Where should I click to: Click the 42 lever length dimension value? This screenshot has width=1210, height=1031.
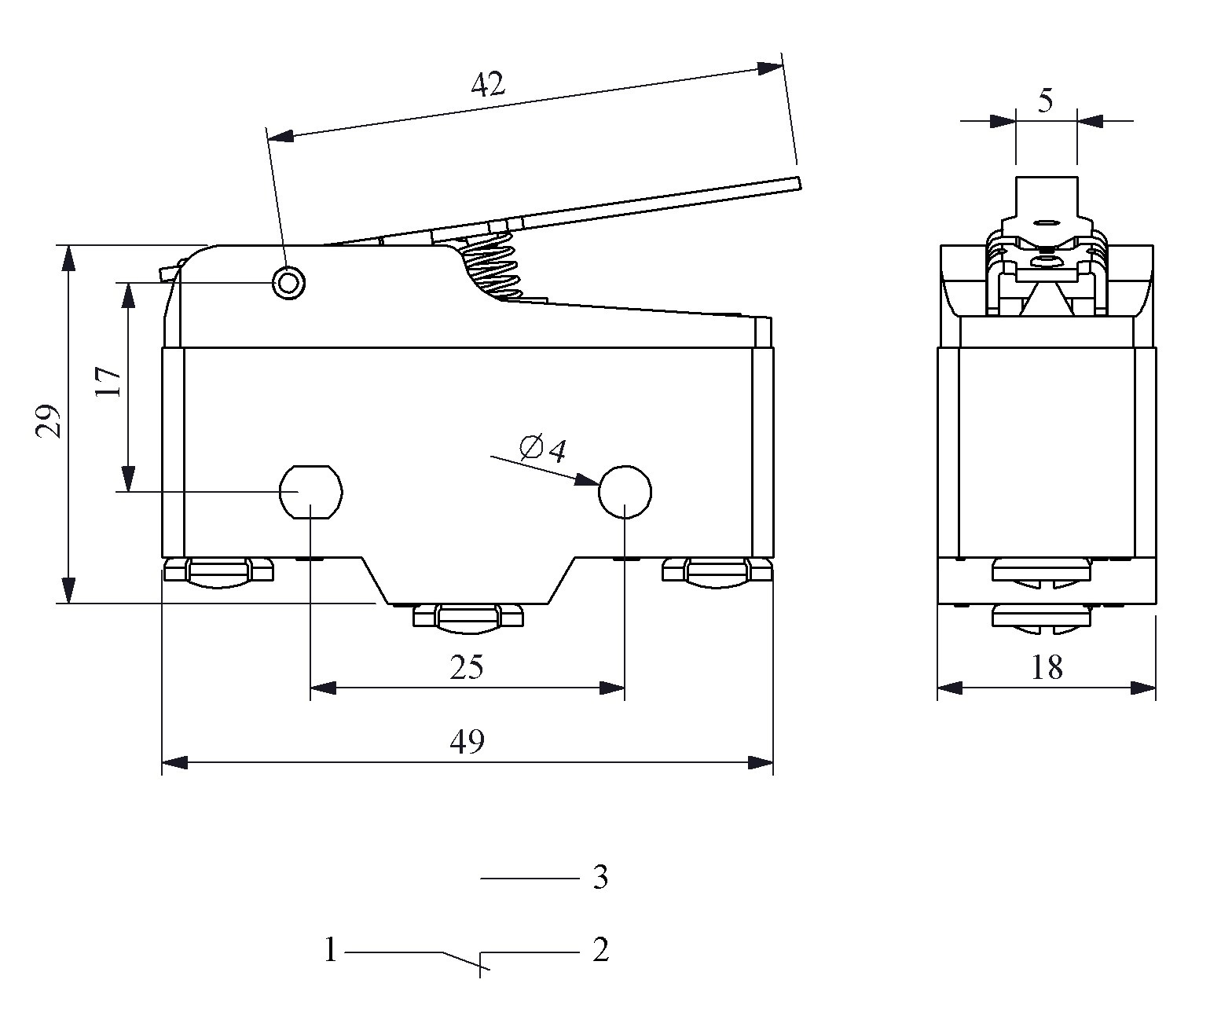tap(488, 83)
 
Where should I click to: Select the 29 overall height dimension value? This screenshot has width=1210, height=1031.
tap(49, 422)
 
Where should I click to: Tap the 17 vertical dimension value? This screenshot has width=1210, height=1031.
tap(109, 382)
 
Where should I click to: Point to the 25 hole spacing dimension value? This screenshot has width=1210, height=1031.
tap(467, 668)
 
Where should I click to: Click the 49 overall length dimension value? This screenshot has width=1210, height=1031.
tap(467, 741)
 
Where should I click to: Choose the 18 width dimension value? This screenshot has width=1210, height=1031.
tap(1047, 668)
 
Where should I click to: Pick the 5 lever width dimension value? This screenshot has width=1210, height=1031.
tap(1045, 101)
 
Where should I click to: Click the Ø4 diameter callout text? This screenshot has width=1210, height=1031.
tap(543, 449)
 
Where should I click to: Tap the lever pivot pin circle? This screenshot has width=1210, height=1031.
tap(288, 281)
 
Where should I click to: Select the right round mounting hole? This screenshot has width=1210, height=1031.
tap(625, 493)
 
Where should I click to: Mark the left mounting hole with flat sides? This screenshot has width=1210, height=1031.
tap(311, 493)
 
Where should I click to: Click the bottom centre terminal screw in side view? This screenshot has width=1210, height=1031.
tap(468, 617)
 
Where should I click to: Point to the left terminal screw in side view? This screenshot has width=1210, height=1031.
tap(219, 571)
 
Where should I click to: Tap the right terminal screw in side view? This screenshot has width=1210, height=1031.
tap(717, 571)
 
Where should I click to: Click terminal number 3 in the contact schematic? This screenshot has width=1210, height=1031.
tap(600, 877)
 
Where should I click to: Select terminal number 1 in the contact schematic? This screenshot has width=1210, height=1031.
tap(331, 951)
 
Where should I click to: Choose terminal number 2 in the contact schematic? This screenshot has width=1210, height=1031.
tap(600, 951)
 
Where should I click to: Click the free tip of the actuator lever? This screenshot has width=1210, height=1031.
tap(795, 184)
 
